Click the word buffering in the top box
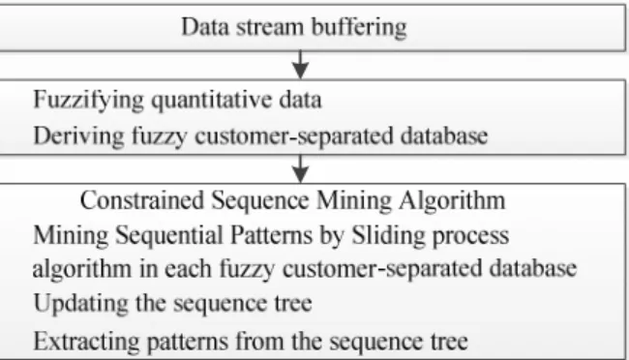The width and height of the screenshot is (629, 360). point(359,28)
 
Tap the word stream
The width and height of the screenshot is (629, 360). point(270,28)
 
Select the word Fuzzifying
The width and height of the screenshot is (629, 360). point(89,101)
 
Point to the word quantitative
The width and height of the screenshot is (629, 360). point(211,101)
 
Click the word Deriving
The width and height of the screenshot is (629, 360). point(79,136)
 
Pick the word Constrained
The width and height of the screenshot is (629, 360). point(142,200)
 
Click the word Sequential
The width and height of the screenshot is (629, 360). point(169,236)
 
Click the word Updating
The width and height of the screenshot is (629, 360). point(81,304)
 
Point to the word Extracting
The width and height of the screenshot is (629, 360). point(87,342)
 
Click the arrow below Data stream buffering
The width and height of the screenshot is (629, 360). point(300,65)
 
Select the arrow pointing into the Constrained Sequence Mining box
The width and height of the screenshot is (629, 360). point(300,169)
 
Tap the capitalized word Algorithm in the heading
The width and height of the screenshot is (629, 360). point(452,200)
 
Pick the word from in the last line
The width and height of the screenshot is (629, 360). point(259,342)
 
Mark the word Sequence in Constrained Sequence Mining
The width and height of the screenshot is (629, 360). point(260,200)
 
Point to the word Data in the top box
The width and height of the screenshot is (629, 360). point(205,28)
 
